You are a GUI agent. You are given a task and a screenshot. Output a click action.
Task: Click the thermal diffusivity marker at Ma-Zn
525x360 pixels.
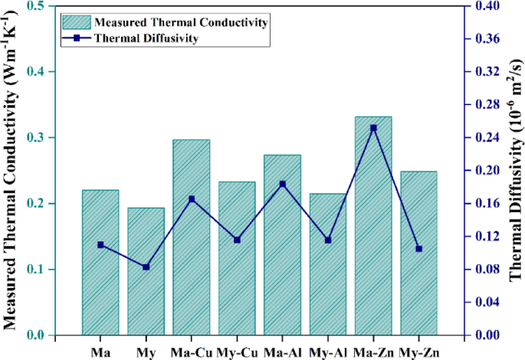click(373, 128)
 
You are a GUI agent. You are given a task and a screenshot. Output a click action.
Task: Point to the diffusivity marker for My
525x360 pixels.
click(146, 267)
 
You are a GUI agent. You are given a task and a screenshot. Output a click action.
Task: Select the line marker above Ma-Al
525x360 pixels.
click(282, 184)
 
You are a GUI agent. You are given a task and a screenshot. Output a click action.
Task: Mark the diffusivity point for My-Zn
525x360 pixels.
click(418, 249)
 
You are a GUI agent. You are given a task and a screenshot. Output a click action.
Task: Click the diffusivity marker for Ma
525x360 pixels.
click(100, 244)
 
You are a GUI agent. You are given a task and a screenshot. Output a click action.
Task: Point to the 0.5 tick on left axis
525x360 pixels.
click(34, 6)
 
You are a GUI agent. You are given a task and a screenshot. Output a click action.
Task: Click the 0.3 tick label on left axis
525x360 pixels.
click(34, 138)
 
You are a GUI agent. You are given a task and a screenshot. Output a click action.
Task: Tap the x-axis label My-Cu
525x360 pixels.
click(237, 351)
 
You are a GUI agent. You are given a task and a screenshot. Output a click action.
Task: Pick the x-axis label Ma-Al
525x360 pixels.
click(282, 351)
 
